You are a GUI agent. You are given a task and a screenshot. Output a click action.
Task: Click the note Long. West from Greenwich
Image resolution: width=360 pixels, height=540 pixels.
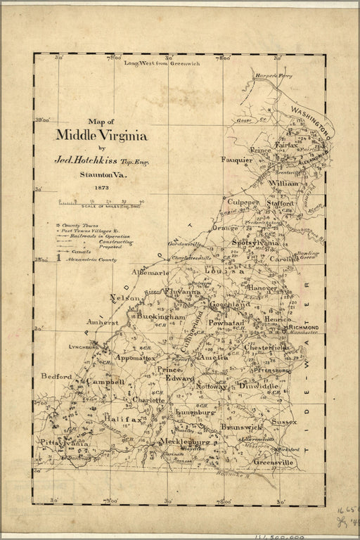(162, 63)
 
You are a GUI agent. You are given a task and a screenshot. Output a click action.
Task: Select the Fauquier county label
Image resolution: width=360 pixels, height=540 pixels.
(236, 160)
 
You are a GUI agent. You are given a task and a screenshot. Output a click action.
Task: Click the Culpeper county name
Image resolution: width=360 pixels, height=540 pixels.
(242, 201)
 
